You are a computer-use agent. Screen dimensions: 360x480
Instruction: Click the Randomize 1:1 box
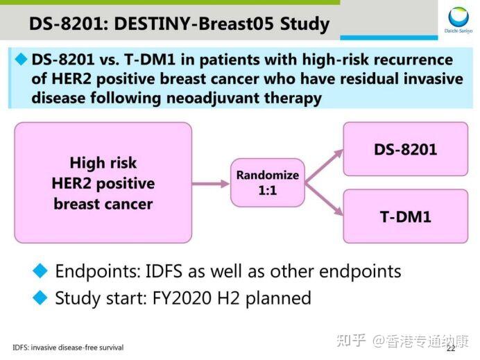[x=267, y=182]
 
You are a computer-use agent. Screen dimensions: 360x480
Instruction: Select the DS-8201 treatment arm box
[x=405, y=149]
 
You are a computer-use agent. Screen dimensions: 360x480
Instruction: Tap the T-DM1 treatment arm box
[x=405, y=216]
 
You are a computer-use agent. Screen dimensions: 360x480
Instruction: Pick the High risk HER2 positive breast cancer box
[x=103, y=183]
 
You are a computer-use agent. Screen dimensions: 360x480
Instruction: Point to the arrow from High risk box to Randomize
[x=211, y=183]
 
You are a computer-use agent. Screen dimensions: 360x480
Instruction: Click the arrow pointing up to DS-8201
[x=325, y=165]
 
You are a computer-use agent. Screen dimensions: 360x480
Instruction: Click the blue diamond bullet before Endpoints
[x=41, y=270]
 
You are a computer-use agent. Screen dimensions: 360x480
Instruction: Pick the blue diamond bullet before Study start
[x=41, y=298]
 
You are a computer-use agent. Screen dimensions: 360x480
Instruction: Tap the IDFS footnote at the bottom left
[x=68, y=347]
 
